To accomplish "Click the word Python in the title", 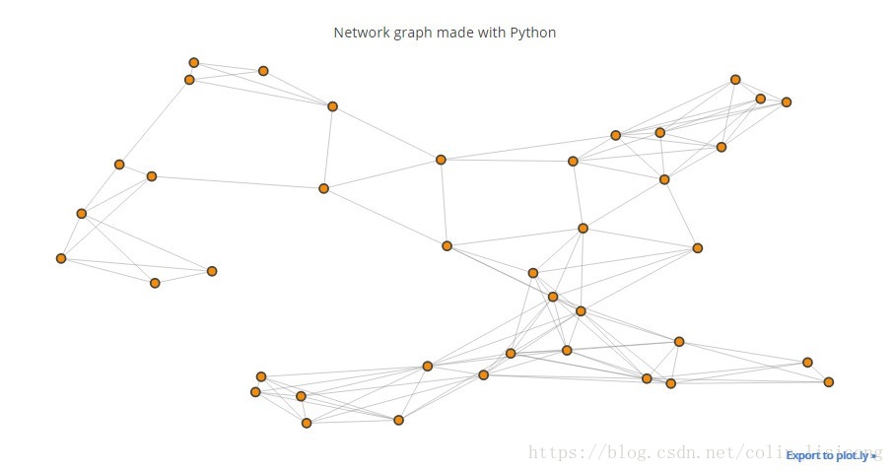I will click(x=534, y=33).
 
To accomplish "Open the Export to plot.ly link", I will click(x=830, y=455).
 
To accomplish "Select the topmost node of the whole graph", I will click(x=194, y=63).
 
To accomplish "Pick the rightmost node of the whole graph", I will click(x=829, y=381).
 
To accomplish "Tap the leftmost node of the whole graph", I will click(x=61, y=258).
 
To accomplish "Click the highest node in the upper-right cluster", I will click(x=735, y=79).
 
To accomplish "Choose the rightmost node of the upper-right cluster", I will click(x=787, y=101).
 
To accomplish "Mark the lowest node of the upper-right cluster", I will click(x=664, y=179).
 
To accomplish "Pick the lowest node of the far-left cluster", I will click(x=155, y=283).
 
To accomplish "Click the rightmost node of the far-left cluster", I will click(x=212, y=271).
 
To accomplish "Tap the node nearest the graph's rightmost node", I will click(x=807, y=362).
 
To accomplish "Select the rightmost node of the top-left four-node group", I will click(x=332, y=106).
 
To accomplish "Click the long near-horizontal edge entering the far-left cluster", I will click(x=237, y=182).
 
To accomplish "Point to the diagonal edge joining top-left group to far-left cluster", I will click(x=155, y=121).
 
